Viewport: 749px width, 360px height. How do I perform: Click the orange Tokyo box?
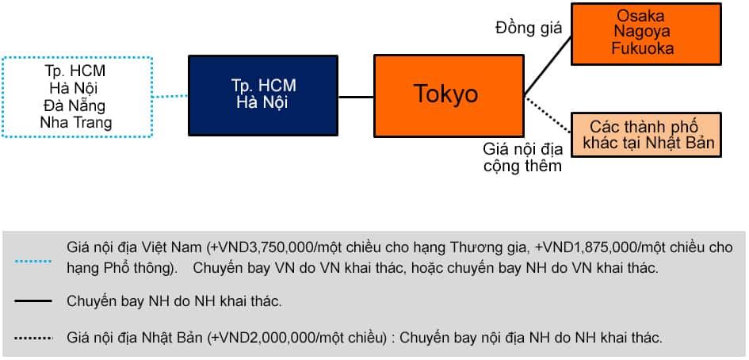tap(448, 95)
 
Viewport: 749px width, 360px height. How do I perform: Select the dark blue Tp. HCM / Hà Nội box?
tap(262, 95)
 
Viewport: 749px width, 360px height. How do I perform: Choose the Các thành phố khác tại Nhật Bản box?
tap(647, 134)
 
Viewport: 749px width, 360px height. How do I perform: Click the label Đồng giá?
tap(528, 29)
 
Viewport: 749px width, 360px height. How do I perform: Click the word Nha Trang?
tap(76, 122)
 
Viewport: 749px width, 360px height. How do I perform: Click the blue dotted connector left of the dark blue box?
tap(170, 97)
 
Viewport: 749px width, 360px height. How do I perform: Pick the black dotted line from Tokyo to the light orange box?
tap(547, 114)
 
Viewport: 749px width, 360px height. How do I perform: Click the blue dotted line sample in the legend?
tap(32, 259)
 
